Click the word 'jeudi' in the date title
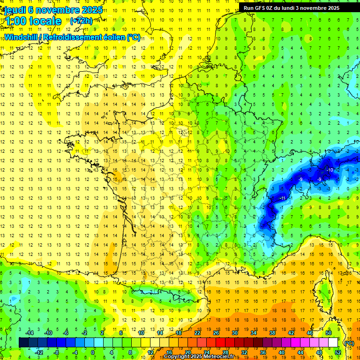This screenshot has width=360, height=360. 14,9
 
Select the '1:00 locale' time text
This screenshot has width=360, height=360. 31,21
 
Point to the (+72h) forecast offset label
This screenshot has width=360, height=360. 81,21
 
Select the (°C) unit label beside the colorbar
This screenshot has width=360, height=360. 349,343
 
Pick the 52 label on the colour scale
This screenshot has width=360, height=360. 337,352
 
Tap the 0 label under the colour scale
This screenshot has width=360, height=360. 93,352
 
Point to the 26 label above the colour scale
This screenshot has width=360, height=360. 216,333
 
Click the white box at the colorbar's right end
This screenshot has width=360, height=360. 333,343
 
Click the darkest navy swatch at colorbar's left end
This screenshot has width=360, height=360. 23,343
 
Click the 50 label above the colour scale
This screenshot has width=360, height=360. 329,333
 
